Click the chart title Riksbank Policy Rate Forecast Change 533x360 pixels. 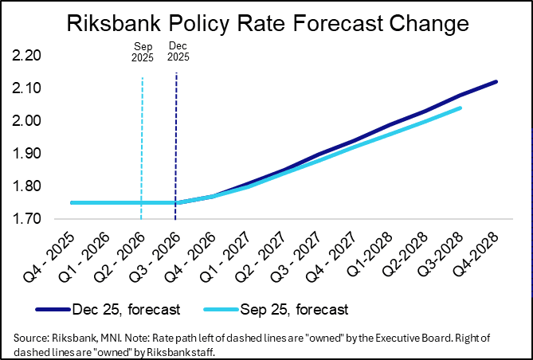coord(266,25)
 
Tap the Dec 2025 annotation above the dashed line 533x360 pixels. coord(176,52)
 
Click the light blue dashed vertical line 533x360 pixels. coord(142,143)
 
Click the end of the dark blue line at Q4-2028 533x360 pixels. coord(496,81)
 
